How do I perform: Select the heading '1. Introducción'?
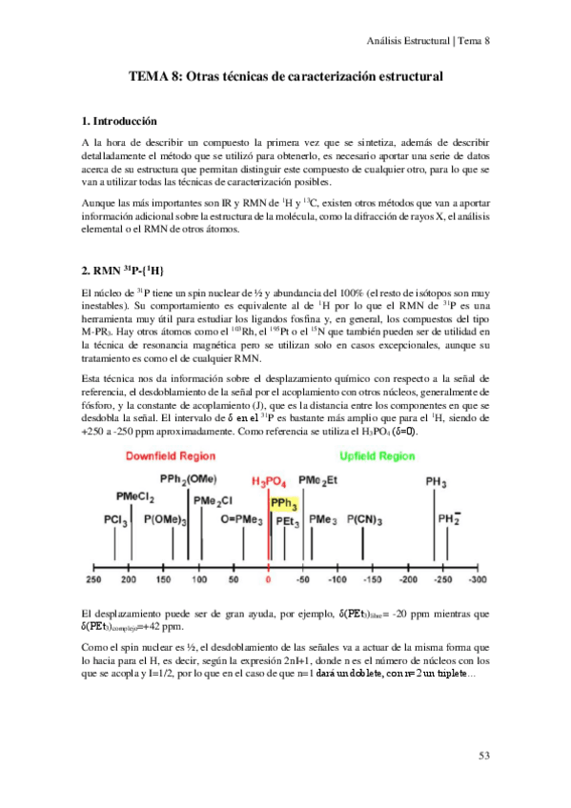tap(119, 121)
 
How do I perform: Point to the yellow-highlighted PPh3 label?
tap(284, 504)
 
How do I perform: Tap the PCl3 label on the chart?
tap(116, 520)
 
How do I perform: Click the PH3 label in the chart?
tap(438, 484)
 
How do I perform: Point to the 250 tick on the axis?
tap(93, 578)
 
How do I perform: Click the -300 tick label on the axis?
tap(477, 578)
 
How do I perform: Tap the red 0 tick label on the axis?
tap(269, 578)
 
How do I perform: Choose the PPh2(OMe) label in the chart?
tap(189, 478)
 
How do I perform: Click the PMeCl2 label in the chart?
tap(136, 496)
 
